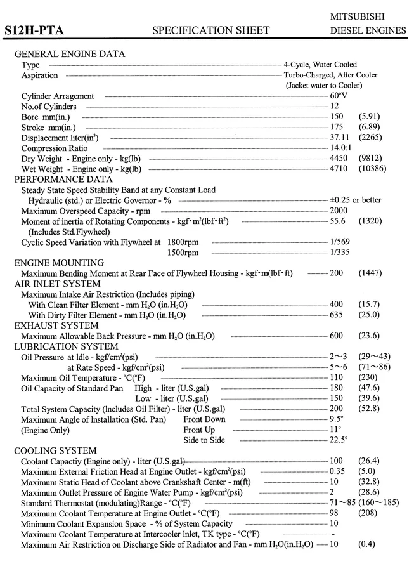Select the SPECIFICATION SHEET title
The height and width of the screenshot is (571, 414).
[211, 30]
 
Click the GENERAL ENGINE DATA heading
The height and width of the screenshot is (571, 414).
[70, 54]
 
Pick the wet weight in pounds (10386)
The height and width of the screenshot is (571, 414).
[372, 169]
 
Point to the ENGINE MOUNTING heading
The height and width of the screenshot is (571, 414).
[59, 263]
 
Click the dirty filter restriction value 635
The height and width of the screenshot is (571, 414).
[337, 315]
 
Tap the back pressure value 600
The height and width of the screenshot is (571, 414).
[337, 336]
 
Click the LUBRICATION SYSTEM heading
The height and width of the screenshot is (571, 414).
[67, 346]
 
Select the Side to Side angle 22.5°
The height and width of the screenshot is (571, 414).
[339, 440]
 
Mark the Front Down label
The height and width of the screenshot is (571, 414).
[204, 419]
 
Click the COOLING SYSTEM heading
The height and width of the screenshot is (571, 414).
[56, 450]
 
